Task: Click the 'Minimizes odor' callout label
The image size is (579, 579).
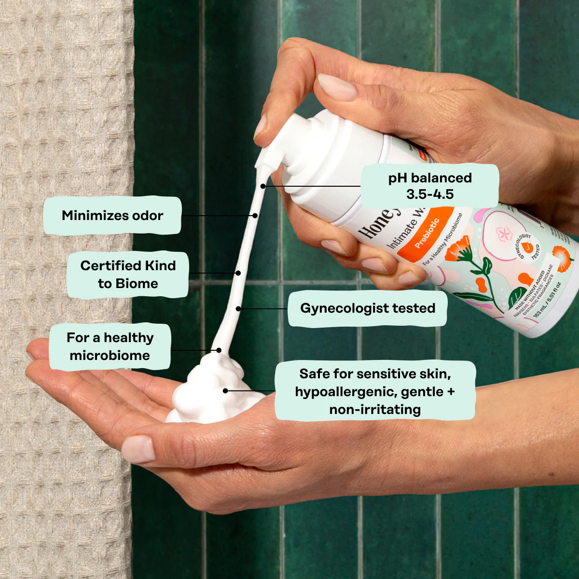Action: (x=112, y=216)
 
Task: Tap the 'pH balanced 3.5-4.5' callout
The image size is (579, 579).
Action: (x=429, y=186)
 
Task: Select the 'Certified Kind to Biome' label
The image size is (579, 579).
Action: (x=127, y=274)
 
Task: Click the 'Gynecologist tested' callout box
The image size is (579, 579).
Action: (x=367, y=308)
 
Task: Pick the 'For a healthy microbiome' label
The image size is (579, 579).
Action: (x=110, y=346)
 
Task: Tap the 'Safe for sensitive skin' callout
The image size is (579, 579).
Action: (x=375, y=391)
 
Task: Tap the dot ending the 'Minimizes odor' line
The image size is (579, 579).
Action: (x=255, y=216)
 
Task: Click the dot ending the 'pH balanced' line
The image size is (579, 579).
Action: (x=263, y=186)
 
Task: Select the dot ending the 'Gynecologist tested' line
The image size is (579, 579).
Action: (x=238, y=308)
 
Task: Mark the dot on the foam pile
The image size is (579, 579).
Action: (x=225, y=390)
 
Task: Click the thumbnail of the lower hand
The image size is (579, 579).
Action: (x=138, y=449)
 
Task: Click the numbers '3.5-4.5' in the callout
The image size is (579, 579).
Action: (x=429, y=194)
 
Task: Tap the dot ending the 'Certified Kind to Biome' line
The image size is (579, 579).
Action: (x=238, y=273)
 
